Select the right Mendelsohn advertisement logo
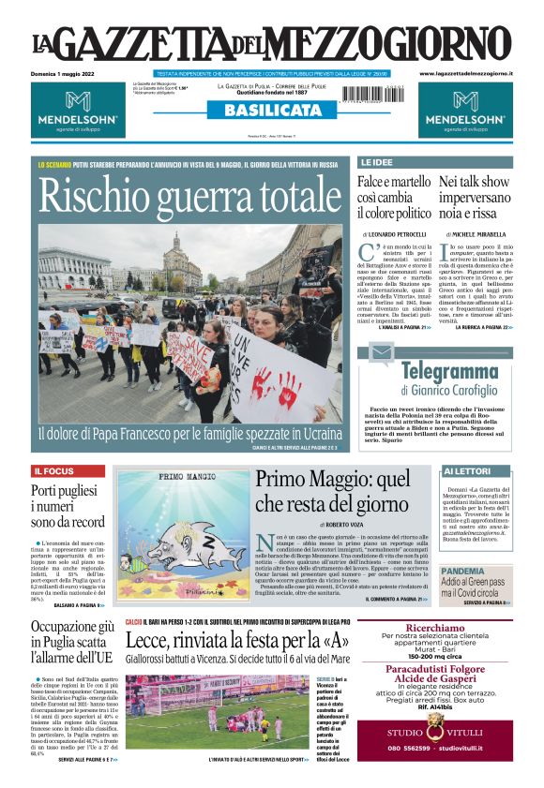(466, 111)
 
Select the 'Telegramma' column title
(449, 371)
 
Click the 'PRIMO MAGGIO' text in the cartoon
(154, 477)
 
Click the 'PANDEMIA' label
(462, 571)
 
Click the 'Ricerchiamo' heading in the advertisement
(436, 628)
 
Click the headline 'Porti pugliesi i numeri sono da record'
(67, 506)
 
